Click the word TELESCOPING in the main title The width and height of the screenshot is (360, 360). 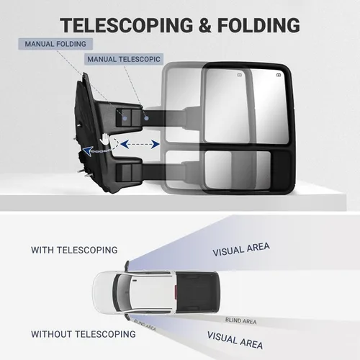(127, 25)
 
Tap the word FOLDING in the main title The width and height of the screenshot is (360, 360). (258, 25)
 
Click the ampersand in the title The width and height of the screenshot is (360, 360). (205, 25)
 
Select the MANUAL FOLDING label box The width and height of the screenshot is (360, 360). (55, 44)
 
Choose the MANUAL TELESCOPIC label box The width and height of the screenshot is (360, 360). (124, 59)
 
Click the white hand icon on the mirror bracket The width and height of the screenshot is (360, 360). (105, 139)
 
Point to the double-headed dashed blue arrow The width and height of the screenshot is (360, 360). (140, 144)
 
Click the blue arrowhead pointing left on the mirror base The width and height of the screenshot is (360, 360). (87, 151)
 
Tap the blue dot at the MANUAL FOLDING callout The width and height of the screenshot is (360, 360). (125, 118)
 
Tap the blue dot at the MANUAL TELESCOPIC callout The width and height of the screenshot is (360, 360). (147, 118)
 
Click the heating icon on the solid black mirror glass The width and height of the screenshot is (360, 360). (279, 75)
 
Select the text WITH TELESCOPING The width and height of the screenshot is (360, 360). (74, 250)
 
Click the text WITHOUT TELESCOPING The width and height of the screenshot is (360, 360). (84, 334)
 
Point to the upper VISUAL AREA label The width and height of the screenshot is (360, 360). (241, 249)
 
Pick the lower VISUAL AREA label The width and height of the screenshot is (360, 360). (235, 340)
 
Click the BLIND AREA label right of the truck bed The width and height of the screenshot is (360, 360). (241, 320)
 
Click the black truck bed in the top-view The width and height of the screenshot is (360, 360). (197, 292)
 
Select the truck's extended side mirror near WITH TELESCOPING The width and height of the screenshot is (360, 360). (127, 266)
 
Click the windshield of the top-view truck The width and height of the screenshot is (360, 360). (120, 293)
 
